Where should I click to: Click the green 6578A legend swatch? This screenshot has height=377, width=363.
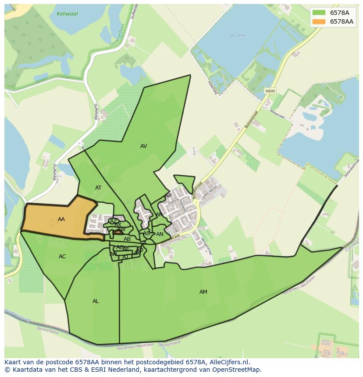tap(319, 13)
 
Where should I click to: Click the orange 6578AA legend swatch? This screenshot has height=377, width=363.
tap(319, 21)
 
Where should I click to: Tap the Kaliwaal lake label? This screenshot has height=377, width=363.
tap(67, 14)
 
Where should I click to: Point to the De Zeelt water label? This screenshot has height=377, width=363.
tap(238, 35)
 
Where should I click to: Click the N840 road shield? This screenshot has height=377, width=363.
tap(270, 91)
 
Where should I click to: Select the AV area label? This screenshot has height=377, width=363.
tap(144, 146)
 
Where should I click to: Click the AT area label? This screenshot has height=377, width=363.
tap(98, 188)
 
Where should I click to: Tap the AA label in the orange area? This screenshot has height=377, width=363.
tap(61, 219)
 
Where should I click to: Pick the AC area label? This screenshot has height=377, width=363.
tap(62, 257)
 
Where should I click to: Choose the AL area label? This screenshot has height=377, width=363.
tap(96, 301)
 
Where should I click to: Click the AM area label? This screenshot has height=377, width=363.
tap(203, 292)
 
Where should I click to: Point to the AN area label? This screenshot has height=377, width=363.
tap(160, 234)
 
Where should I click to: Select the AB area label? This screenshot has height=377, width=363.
tap(127, 239)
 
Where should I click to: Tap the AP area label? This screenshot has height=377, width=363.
tap(168, 196)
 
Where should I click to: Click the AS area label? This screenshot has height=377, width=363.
tap(146, 233)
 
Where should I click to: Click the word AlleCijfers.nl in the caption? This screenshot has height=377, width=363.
tap(228, 362)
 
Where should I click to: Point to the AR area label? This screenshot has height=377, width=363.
tap(159, 215)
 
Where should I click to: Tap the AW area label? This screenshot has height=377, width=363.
tap(121, 229)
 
